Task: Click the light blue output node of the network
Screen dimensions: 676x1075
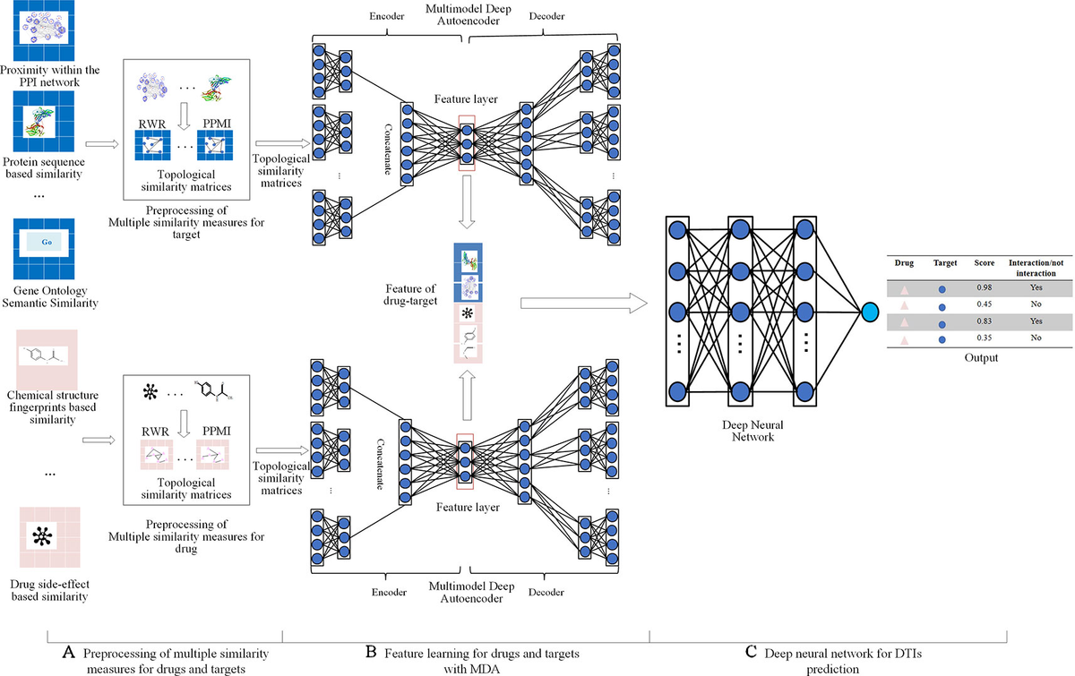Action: click(x=868, y=310)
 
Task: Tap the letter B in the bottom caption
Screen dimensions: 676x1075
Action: click(x=371, y=652)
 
